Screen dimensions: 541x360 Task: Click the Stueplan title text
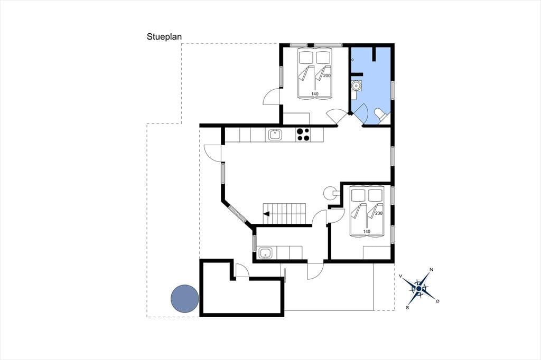[164, 37]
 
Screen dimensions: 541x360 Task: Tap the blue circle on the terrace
[185, 299]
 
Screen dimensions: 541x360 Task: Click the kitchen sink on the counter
[275, 135]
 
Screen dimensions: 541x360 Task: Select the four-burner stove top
[303, 135]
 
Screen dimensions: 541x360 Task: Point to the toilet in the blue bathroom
[380, 115]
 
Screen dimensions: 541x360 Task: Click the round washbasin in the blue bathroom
[357, 85]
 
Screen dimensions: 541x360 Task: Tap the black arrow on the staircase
[266, 214]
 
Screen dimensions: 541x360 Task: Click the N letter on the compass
[431, 270]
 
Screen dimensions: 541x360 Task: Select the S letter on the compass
[407, 307]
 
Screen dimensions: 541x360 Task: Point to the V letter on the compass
[400, 276]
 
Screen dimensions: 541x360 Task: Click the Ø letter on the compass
[438, 301]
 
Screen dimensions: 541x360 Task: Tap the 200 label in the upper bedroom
[327, 75]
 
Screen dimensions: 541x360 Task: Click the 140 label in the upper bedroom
[315, 94]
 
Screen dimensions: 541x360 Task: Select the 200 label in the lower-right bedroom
[378, 213]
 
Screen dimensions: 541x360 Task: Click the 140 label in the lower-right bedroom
[367, 231]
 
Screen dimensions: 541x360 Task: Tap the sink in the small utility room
[265, 253]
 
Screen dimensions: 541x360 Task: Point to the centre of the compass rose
[419, 288]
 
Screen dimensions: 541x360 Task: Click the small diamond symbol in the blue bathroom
[352, 60]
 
